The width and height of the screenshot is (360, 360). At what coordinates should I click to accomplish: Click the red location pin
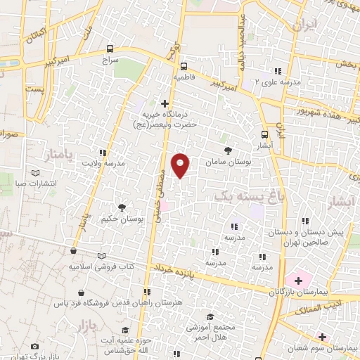click(181, 165)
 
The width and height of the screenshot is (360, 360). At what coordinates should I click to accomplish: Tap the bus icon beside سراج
click(109, 49)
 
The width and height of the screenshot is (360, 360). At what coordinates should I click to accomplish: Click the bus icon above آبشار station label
click(264, 134)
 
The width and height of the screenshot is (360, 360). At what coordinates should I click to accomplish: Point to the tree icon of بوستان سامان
click(227, 150)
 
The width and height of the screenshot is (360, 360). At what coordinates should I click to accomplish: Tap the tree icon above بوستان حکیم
click(122, 207)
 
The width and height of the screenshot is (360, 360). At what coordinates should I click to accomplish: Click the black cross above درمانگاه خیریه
click(165, 103)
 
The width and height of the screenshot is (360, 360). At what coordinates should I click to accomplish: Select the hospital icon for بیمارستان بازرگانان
click(299, 280)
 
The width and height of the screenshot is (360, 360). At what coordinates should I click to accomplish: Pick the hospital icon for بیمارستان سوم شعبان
click(323, 337)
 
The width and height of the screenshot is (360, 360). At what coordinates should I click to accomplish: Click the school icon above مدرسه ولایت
click(103, 153)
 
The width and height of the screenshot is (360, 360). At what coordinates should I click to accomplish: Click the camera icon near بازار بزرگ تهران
click(35, 347)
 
